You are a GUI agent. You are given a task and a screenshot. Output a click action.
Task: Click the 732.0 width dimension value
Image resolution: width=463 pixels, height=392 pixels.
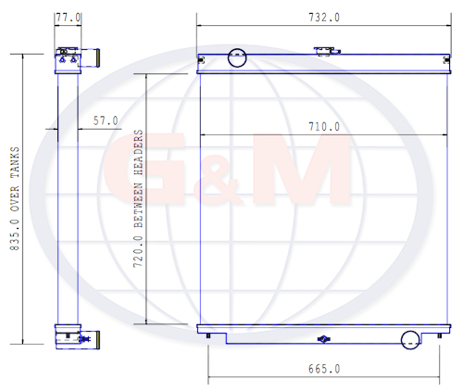pos(324,18)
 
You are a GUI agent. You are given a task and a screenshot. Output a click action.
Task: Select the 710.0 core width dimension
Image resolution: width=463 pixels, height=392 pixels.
pos(324,127)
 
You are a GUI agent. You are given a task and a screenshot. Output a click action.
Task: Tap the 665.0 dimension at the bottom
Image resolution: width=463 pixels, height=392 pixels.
pos(324,369)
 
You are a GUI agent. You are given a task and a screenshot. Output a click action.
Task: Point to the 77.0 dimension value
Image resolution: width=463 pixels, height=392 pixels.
pos(69,18)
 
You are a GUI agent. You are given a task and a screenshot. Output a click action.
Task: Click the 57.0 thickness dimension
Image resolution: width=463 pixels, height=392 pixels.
pos(106,120)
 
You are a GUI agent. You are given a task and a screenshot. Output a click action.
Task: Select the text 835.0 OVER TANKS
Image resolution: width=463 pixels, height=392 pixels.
pos(15,198)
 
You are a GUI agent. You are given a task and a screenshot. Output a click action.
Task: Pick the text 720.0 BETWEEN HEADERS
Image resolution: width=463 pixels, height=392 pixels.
pos(138,198)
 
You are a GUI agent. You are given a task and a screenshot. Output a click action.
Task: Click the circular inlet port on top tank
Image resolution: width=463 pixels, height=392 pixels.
pos(237,57)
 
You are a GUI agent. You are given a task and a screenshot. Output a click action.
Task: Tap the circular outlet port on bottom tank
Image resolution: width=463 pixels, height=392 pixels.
pos(410,340)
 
